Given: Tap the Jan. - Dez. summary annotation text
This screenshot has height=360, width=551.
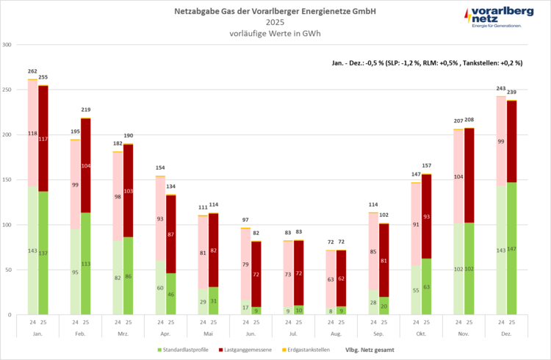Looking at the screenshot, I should point(427,63).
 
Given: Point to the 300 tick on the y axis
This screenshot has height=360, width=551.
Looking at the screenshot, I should point(9,45).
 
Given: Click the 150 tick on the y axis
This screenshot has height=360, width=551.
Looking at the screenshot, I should point(9,180).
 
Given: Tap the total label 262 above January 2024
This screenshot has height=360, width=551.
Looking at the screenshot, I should point(32,71).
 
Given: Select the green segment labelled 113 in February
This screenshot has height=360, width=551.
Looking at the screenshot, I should point(86,264).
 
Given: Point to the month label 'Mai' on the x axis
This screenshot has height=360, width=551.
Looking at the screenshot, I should point(208,332).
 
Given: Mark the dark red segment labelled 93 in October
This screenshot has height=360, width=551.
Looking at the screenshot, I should point(427,216).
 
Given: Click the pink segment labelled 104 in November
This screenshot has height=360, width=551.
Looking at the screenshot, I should point(458,176).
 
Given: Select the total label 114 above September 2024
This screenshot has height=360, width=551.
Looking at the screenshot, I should point(373,204).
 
